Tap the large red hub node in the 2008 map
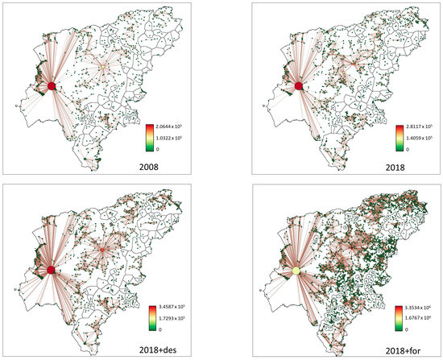(x=51, y=86)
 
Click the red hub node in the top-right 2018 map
(x=299, y=86)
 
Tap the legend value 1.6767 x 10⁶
(x=419, y=309)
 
